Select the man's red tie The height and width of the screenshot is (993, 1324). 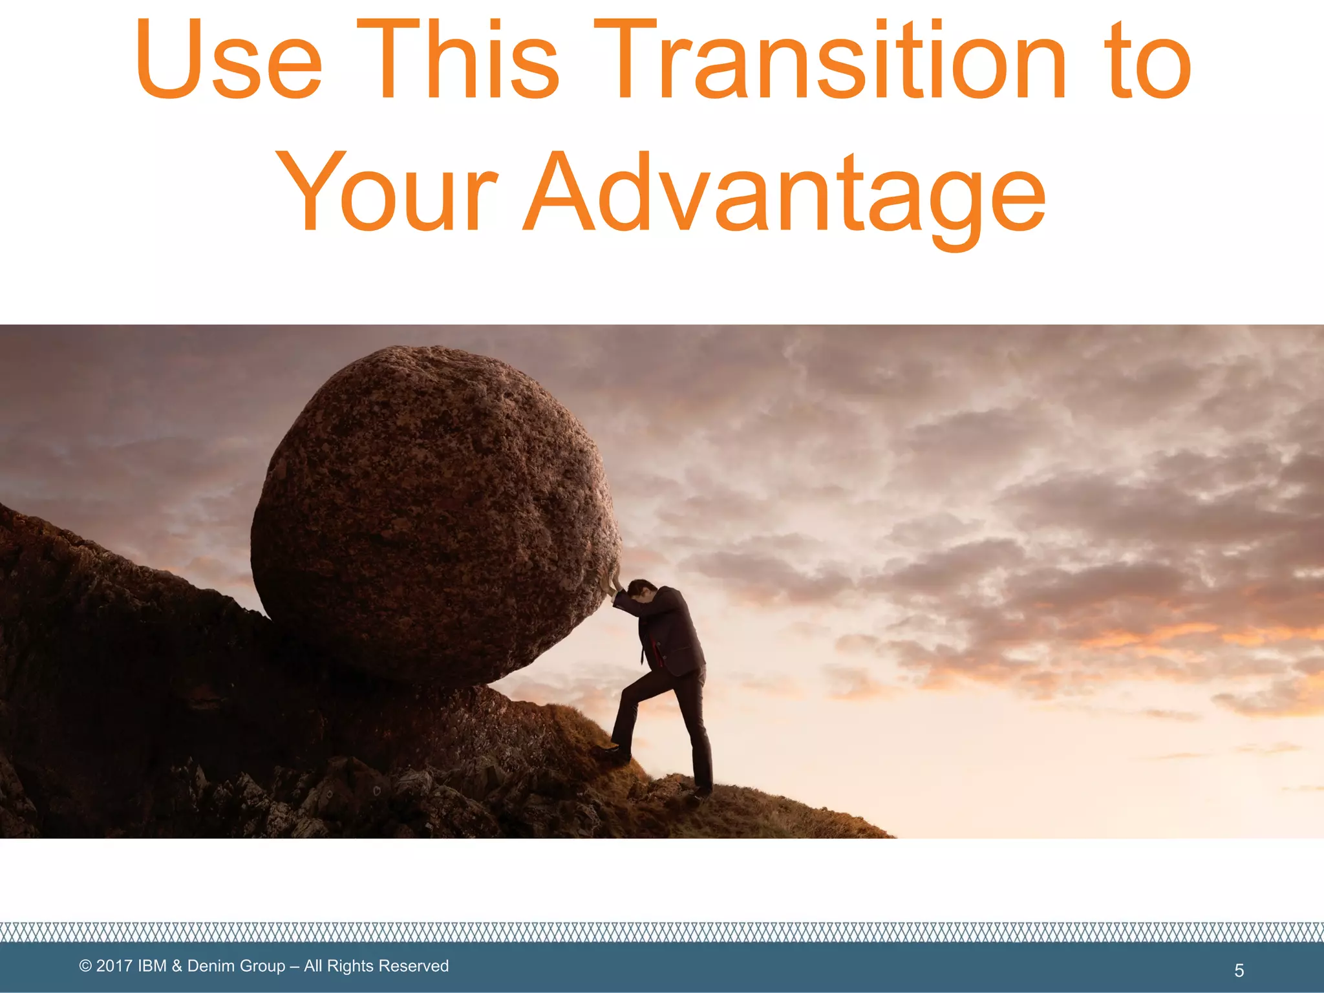654,653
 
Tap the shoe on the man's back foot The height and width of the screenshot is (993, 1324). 699,794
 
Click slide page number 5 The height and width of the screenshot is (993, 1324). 1239,970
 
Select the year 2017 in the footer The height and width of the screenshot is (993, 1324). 114,966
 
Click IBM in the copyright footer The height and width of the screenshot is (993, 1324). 153,966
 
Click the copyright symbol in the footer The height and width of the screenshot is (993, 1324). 85,966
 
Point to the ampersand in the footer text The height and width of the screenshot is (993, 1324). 177,966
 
